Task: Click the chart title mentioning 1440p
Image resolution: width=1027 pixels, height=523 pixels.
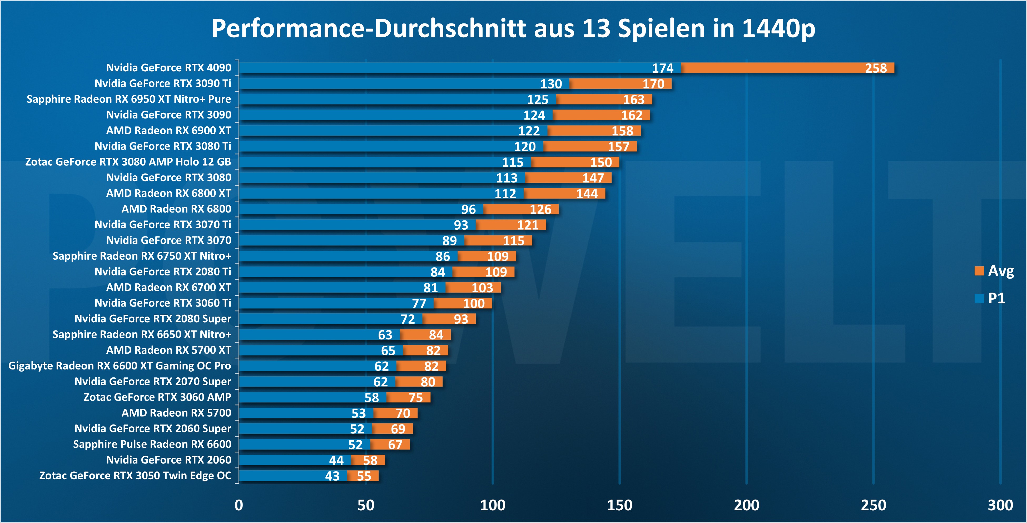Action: click(513, 29)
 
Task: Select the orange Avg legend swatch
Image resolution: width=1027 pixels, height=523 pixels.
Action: click(979, 271)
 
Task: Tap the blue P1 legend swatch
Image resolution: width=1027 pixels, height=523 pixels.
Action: click(979, 298)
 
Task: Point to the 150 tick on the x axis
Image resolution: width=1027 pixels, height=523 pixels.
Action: click(619, 505)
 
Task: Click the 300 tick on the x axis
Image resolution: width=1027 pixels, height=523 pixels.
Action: click(1000, 505)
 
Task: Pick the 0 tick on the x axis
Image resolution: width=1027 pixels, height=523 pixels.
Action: click(239, 505)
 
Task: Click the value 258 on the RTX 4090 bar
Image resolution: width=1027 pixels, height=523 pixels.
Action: click(876, 68)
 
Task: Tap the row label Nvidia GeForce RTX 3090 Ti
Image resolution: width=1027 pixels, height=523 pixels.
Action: click(163, 83)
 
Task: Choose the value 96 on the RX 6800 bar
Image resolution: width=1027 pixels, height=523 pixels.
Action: click(468, 209)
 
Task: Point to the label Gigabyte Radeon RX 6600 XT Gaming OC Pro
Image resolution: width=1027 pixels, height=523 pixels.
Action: click(120, 366)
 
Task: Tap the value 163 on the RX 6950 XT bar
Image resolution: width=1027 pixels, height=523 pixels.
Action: click(633, 99)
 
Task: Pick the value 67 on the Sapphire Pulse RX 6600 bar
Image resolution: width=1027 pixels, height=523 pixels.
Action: click(395, 445)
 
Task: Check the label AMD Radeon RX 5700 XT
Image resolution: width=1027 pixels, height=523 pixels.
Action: click(169, 350)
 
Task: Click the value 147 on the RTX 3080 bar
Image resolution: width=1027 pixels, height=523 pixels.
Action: click(593, 178)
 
